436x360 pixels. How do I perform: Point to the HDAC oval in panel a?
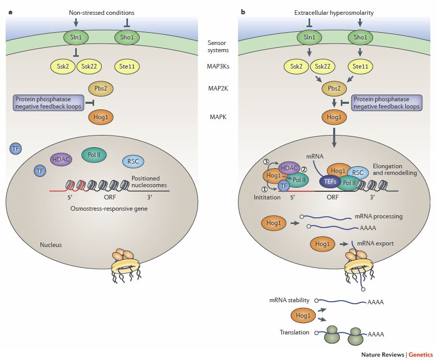(x=61, y=159)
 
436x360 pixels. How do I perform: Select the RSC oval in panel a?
(x=133, y=162)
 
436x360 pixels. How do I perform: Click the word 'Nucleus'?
(x=51, y=245)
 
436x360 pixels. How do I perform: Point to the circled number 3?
(x=266, y=162)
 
